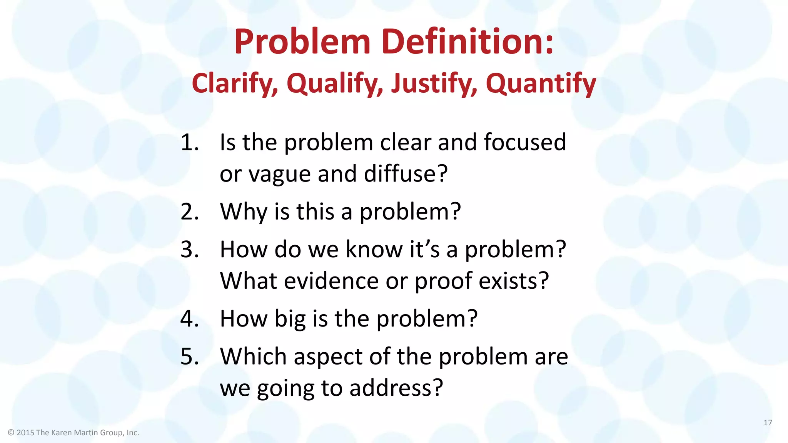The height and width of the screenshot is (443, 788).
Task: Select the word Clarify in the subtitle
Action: click(235, 83)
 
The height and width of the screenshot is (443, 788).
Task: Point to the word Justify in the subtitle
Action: click(434, 83)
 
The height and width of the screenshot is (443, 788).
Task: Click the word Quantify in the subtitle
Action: click(541, 83)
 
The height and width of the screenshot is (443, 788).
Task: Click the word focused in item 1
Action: click(525, 142)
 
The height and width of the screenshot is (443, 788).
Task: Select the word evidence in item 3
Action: click(331, 281)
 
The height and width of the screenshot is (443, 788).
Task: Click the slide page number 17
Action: click(768, 423)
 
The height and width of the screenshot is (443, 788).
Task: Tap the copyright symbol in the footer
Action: click(11, 433)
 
